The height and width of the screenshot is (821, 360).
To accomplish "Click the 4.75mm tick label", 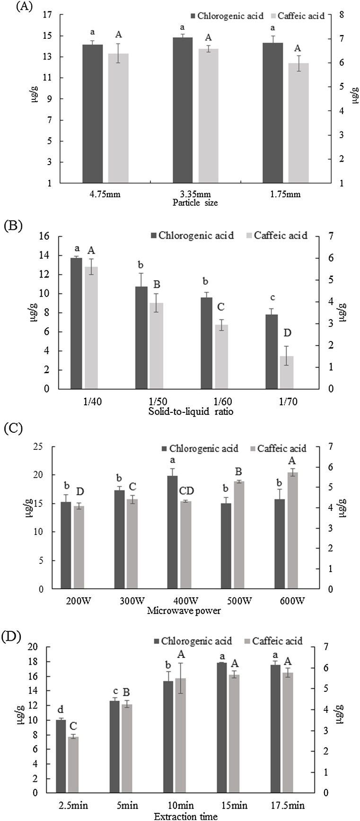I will point(105,194).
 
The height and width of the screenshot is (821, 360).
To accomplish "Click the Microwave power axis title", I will point(184,611).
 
